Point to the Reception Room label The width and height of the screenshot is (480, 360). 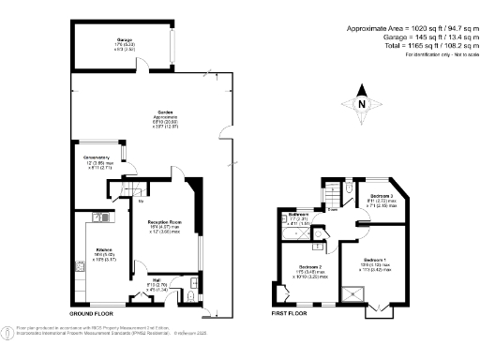161,222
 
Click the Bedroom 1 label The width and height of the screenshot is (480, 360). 374,259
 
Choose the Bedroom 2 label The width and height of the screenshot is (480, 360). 310,268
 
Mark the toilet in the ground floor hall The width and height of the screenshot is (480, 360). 190,297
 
